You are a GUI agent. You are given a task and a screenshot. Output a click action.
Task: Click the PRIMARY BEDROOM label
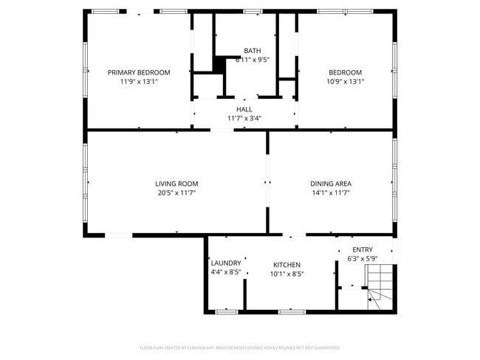[x=139, y=72]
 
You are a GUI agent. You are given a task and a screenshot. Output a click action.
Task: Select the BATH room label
[x=252, y=51]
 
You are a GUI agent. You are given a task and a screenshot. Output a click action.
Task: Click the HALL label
[x=244, y=109]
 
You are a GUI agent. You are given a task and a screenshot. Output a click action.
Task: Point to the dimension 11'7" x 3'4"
[x=244, y=118]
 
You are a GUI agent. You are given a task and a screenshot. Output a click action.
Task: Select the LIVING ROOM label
[x=176, y=184]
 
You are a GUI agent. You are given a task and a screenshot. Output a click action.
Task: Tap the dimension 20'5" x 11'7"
[x=176, y=193]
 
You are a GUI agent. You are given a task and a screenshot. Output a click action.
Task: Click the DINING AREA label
[x=331, y=184]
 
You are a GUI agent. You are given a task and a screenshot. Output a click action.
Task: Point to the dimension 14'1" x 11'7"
[x=331, y=193]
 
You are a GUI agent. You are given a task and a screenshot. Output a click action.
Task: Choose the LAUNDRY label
[x=226, y=263]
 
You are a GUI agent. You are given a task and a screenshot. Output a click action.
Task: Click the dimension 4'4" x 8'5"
[x=226, y=273]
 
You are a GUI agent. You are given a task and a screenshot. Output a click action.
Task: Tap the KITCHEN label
[x=287, y=265]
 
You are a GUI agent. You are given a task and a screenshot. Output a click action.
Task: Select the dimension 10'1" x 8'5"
[x=287, y=274]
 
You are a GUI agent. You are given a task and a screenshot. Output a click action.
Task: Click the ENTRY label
[x=363, y=249]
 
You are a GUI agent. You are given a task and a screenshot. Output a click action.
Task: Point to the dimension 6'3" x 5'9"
[x=363, y=259]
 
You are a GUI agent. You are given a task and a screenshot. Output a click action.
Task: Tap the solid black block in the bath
[x=219, y=64]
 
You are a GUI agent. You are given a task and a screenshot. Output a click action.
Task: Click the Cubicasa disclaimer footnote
[x=240, y=347]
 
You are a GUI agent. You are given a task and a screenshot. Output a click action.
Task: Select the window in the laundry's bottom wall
[x=226, y=311]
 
